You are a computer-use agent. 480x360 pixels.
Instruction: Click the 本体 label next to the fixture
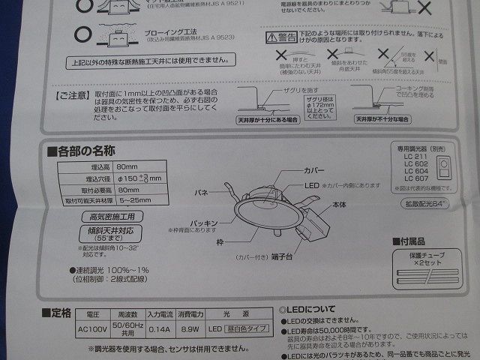click(x=340, y=203)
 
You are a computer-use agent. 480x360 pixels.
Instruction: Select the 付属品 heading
click(x=412, y=241)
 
